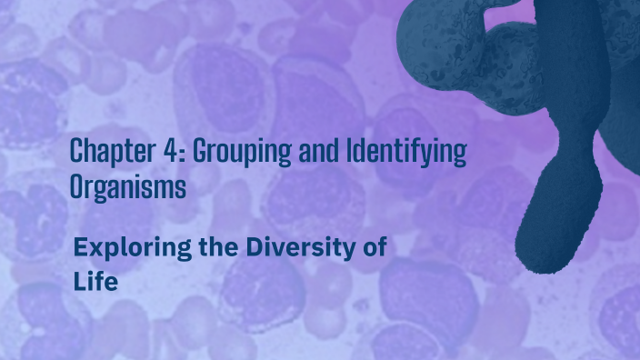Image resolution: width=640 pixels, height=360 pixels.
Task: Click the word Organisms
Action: (128, 187)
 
